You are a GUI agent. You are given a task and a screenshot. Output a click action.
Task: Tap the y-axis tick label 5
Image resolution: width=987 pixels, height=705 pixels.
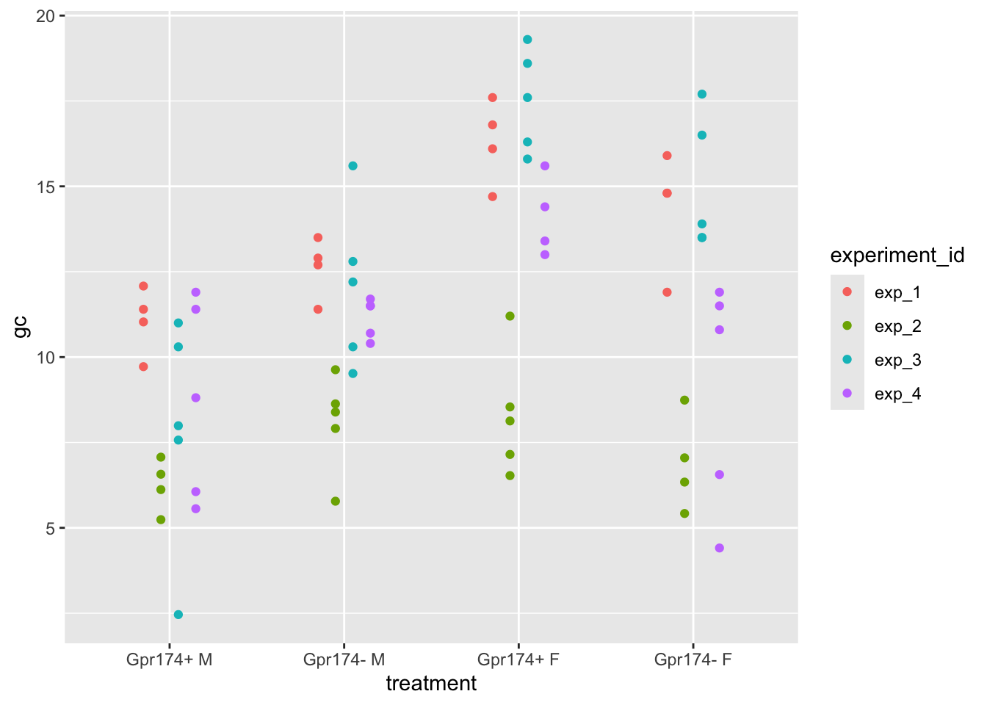click(49, 528)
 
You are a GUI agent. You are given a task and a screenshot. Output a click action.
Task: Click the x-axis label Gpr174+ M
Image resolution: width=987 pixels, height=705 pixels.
click(170, 659)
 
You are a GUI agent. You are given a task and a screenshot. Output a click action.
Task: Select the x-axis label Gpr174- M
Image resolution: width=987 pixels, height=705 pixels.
click(344, 659)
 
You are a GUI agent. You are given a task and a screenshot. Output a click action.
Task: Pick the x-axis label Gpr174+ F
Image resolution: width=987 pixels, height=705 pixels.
click(518, 659)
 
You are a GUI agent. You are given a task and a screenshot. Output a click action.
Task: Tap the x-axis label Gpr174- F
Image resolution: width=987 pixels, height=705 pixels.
click(693, 659)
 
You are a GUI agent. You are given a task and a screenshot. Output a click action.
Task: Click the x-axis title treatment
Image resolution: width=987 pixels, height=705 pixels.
click(431, 684)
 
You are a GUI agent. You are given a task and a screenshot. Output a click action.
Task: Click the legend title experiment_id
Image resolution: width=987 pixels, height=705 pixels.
click(897, 256)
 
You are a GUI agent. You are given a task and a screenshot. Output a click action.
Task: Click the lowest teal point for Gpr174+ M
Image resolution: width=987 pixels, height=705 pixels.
click(178, 615)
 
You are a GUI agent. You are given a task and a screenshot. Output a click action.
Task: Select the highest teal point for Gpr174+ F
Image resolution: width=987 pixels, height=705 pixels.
click(527, 40)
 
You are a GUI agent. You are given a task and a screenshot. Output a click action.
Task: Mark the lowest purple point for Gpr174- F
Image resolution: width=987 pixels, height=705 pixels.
click(719, 548)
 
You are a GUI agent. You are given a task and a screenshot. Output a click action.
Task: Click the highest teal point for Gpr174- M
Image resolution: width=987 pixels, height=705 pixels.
click(352, 166)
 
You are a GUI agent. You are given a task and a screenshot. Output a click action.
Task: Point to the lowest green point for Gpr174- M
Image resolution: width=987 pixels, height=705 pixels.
click(336, 502)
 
